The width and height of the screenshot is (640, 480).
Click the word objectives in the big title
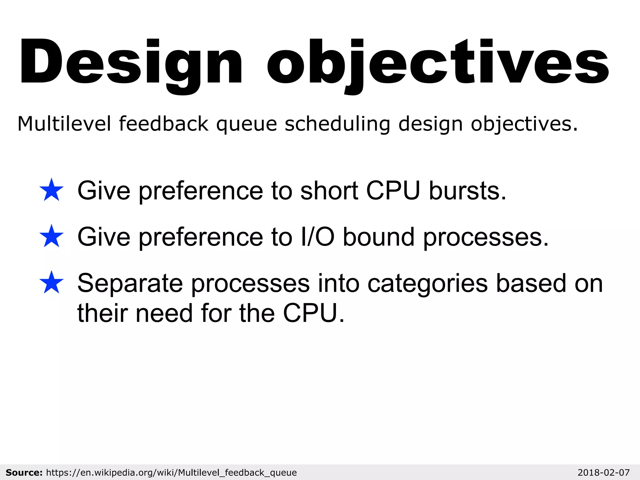(437, 62)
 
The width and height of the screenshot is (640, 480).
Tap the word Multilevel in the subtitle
(64, 123)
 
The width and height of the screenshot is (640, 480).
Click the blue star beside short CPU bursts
(52, 190)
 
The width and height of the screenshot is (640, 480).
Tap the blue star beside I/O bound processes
(52, 236)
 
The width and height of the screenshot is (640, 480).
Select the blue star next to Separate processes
(52, 282)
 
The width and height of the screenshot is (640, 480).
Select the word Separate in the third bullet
(130, 283)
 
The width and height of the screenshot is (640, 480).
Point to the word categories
(427, 284)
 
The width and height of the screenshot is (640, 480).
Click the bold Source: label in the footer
(24, 472)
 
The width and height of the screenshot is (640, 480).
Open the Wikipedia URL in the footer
(171, 472)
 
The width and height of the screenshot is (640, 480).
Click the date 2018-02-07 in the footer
(603, 472)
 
